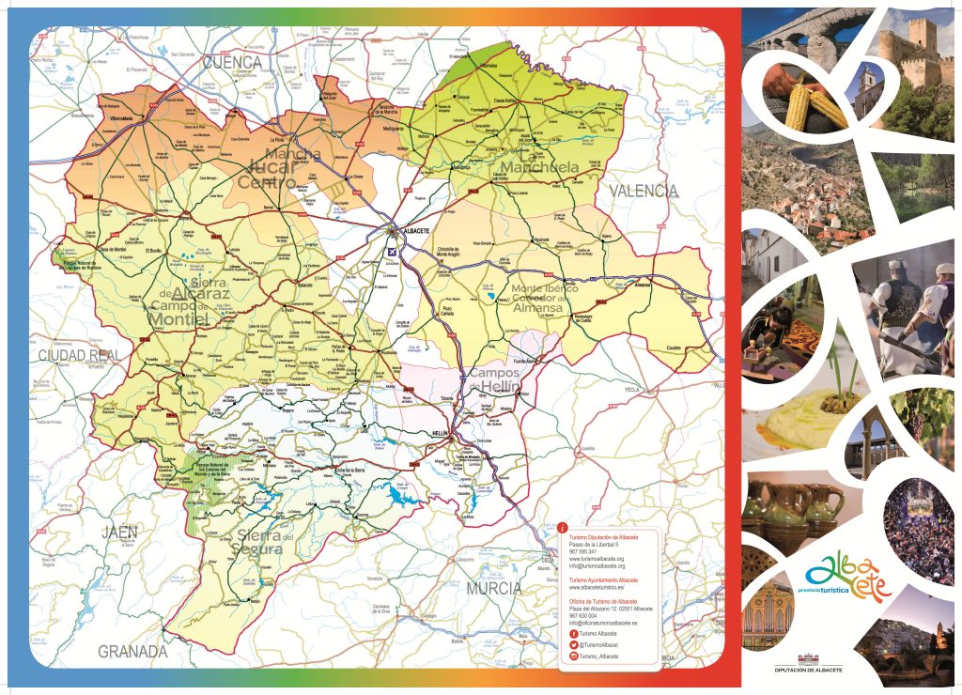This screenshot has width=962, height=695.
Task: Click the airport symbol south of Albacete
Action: [x=393, y=251]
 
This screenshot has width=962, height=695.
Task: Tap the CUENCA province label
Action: [x=232, y=62]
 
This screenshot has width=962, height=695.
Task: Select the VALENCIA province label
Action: [x=644, y=191]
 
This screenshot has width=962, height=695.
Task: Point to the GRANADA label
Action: [x=132, y=651]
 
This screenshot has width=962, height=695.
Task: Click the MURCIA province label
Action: [x=492, y=588]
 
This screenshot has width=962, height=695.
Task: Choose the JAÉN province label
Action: [x=120, y=533]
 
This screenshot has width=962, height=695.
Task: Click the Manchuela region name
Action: [x=539, y=168]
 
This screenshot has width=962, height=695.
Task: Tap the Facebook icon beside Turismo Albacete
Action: [x=574, y=635]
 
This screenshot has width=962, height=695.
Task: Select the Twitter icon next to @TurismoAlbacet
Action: [x=574, y=645]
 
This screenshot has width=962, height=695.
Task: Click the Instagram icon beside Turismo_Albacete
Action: [x=574, y=656]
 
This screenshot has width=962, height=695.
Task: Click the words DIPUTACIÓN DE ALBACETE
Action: [x=808, y=670]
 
